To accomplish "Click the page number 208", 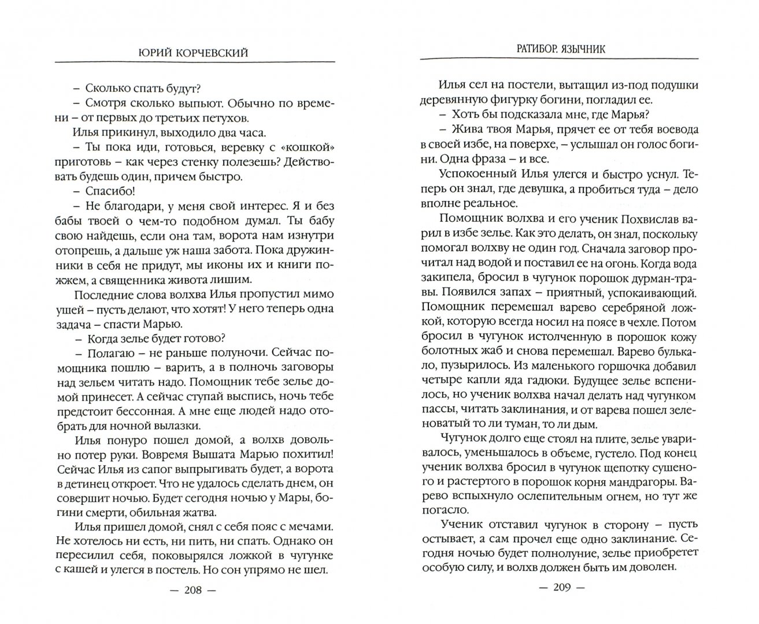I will coord(194,602).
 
